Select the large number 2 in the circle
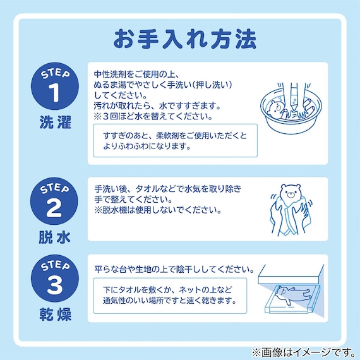(53, 207)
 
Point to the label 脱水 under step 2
(53, 237)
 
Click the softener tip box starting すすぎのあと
(176, 141)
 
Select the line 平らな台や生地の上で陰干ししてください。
(174, 269)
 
